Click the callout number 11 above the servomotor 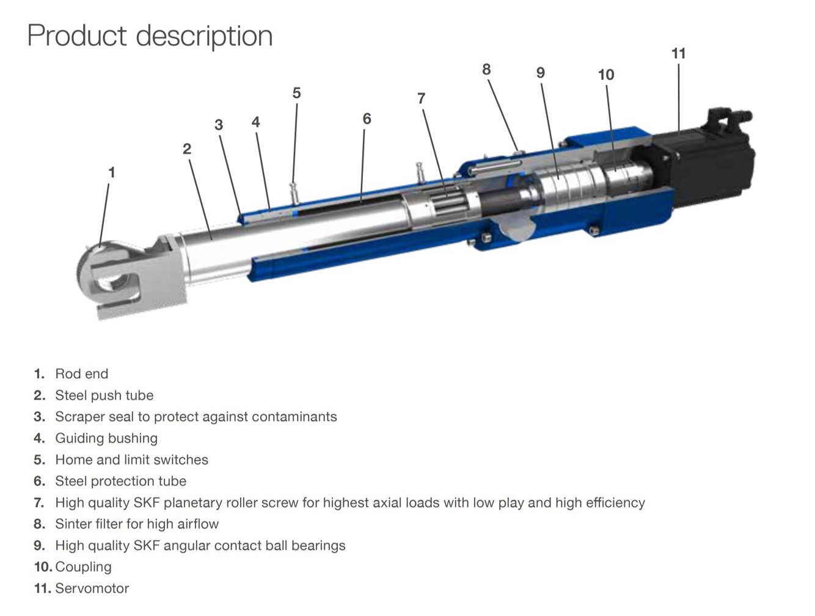[678, 54]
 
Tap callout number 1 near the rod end [111, 172]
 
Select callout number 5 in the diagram [296, 93]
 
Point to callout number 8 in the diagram [486, 70]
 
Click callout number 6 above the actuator [367, 119]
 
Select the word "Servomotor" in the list [92, 588]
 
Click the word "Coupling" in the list [83, 567]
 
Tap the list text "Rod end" [81, 374]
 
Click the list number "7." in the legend [39, 503]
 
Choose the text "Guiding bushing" [106, 438]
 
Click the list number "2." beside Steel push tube [39, 395]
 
